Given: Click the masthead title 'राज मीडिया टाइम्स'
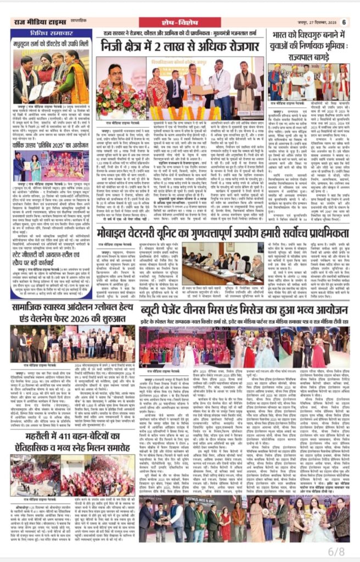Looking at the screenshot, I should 34,21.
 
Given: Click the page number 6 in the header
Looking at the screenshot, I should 344,22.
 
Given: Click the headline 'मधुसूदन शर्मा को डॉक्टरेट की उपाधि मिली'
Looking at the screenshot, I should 46,43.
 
